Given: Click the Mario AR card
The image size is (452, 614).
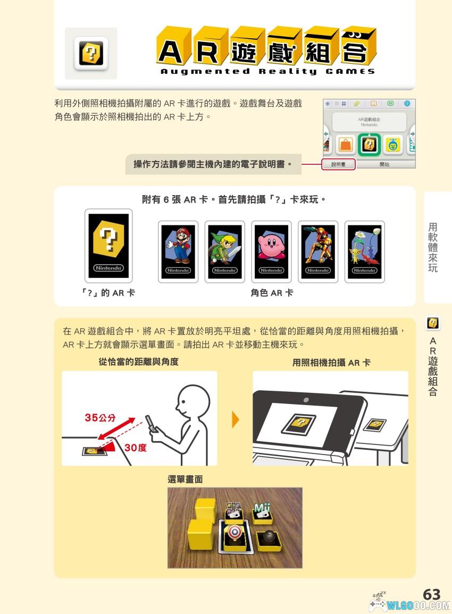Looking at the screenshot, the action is [178, 252].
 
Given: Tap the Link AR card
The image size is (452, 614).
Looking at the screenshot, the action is [225, 252].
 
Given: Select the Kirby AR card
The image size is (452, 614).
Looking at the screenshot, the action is [271, 252].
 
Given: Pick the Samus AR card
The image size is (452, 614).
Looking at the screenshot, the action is [318, 252].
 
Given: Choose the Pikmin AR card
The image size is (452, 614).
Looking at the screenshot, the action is [365, 252].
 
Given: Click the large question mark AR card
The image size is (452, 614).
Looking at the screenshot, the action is [108, 246].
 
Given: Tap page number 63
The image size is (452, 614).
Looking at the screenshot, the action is [432, 594].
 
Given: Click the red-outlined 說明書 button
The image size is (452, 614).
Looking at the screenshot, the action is [338, 164].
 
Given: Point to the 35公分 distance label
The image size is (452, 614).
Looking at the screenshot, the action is [101, 418].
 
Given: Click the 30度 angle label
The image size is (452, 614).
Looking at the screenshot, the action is [136, 448].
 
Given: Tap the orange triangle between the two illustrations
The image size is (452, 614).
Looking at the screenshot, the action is [236, 419].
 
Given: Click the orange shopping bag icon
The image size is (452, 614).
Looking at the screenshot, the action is [346, 145].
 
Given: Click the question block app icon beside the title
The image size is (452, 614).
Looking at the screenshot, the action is [91, 54].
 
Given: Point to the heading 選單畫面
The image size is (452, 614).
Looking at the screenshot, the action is [185, 480].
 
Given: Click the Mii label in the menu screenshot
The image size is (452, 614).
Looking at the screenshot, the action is [262, 508].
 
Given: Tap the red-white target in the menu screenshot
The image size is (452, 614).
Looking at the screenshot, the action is [234, 532].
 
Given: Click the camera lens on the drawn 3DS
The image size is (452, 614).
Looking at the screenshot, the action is [306, 400].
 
